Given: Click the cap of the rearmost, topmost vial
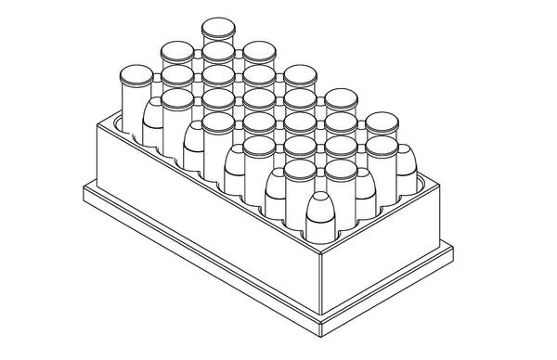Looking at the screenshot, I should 218,26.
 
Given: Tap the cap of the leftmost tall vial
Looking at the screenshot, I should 136,74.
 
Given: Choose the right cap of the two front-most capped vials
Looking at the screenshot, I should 340,169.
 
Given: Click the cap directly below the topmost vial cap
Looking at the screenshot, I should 218,49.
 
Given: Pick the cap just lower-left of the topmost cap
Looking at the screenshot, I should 177,51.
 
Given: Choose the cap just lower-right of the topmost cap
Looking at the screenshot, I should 258,51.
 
